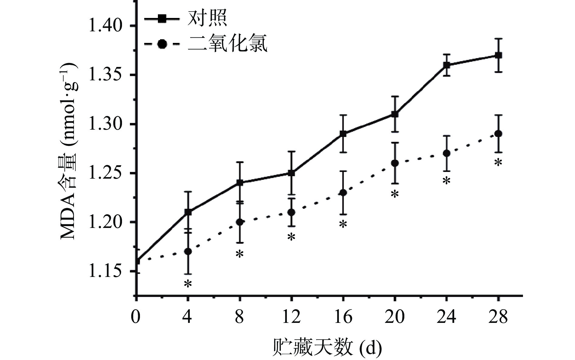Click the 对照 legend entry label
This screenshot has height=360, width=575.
pos(207,19)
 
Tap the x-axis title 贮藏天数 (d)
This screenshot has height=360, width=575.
pos(326,347)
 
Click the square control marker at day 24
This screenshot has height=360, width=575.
pos(446,65)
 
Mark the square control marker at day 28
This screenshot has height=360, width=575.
pos(498,55)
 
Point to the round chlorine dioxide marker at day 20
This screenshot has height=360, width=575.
pos(395,163)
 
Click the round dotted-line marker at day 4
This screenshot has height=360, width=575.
pos(188,251)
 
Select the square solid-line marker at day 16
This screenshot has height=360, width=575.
pos(343,134)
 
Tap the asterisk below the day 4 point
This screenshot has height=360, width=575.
pos(188,284)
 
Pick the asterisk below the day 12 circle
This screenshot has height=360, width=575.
pos(291,237)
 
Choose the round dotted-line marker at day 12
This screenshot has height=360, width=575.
pos(291,212)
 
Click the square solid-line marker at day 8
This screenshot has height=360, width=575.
pos(240,183)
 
